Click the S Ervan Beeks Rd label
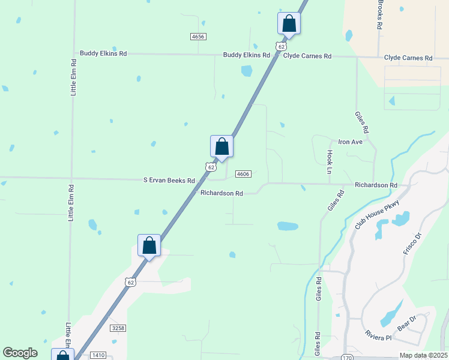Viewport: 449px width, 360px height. click(x=169, y=180)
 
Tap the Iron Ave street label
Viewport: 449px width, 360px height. click(x=351, y=142)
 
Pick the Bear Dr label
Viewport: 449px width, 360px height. click(x=407, y=323)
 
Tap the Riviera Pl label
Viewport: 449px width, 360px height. click(x=378, y=337)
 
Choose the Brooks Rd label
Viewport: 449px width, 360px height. click(x=380, y=15)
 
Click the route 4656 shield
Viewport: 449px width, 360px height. click(x=198, y=37)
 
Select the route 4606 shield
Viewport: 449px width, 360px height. click(x=243, y=174)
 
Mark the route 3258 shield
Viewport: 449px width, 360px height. click(x=118, y=328)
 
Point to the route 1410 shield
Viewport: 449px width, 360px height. click(x=98, y=355)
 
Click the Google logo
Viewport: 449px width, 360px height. click(x=20, y=353)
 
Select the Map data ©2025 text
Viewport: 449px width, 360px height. click(x=423, y=355)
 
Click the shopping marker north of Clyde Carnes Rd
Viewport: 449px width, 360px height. click(x=289, y=24)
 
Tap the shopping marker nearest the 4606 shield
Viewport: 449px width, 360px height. click(x=221, y=147)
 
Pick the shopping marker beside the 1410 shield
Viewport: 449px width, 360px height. click(x=62, y=355)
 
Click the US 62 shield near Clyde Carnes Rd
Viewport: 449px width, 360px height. click(x=281, y=46)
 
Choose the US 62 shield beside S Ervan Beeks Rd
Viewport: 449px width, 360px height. click(x=209, y=167)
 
